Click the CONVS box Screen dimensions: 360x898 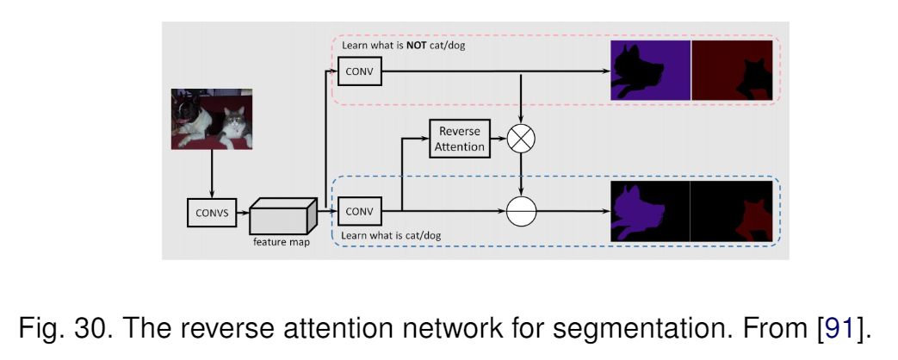(212, 212)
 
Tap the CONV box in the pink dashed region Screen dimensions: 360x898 (360, 72)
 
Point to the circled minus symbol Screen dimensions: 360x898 (521, 212)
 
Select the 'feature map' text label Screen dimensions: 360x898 (282, 242)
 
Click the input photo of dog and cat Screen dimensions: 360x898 (212, 119)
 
